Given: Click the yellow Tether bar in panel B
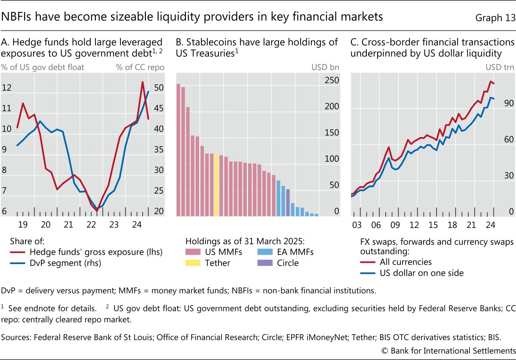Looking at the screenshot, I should coord(216,185).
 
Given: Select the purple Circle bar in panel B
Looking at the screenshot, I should coord(288,202).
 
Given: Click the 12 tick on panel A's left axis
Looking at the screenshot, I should coord(6,88).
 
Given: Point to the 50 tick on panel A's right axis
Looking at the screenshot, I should coord(159,88).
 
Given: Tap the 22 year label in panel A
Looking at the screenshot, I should coord(90,225).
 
